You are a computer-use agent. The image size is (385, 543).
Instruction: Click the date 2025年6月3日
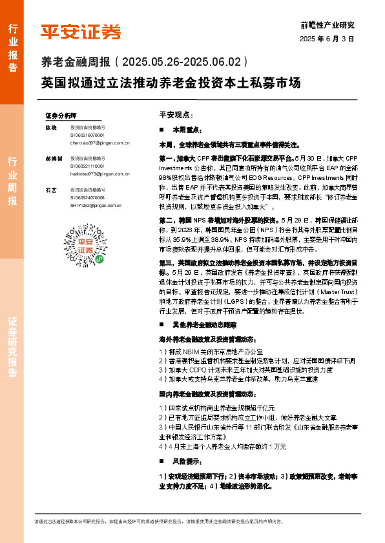pos(328,39)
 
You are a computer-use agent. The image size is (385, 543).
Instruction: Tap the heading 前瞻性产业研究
pos(328,25)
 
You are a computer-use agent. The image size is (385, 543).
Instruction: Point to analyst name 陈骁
pos(51,128)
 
